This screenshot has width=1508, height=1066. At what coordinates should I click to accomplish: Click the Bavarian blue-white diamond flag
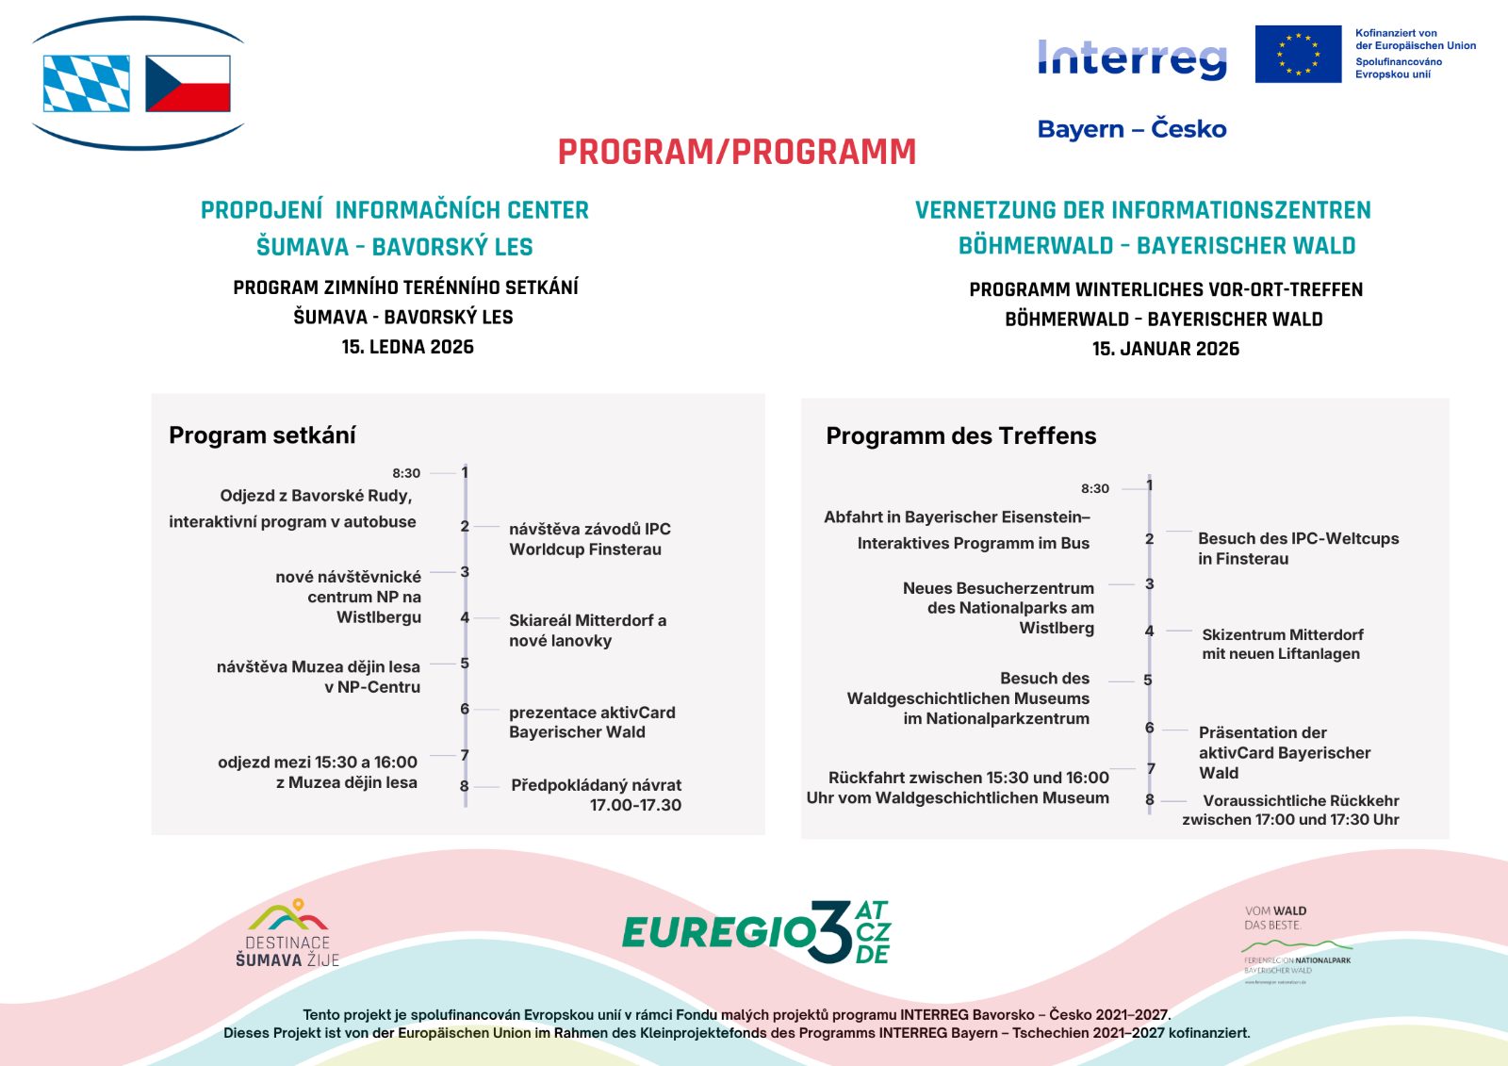(87, 83)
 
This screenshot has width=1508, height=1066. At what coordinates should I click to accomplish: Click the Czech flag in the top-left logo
(188, 83)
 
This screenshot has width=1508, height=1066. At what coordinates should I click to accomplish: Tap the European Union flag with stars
(1298, 54)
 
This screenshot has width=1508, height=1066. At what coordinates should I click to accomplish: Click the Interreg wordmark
(1132, 57)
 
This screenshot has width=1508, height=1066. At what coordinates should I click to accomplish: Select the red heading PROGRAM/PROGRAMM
(736, 152)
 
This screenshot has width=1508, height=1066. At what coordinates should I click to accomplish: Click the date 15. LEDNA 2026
(407, 347)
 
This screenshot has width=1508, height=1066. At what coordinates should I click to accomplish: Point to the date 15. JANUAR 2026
(1166, 349)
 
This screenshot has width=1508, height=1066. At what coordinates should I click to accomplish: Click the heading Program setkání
(262, 435)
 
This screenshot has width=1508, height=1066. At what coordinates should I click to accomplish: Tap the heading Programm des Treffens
(960, 435)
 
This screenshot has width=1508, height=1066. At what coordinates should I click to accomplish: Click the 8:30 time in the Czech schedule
(406, 473)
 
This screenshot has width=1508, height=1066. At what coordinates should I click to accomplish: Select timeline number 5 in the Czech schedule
(465, 664)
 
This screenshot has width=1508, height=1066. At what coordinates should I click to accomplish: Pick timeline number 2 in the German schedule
(1149, 539)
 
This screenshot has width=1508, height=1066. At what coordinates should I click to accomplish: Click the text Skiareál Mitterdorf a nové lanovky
(587, 631)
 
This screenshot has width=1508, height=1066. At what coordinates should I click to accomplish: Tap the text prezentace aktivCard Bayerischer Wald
(592, 722)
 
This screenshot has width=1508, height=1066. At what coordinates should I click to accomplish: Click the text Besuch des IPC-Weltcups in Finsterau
(1298, 549)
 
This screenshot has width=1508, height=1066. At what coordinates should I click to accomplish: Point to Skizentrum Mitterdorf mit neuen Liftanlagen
(1282, 644)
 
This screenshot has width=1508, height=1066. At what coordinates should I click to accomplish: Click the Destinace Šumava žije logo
(287, 933)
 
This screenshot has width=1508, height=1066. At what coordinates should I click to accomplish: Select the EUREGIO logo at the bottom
(756, 932)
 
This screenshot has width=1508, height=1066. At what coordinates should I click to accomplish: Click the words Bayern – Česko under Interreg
(1132, 129)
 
